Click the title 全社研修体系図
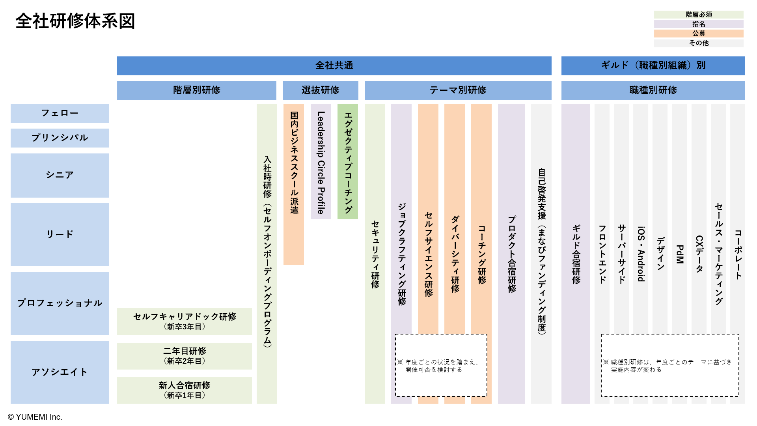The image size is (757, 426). [x=75, y=21]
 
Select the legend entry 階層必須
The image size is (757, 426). [x=698, y=15]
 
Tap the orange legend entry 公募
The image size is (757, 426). [x=698, y=34]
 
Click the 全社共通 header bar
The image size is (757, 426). [x=334, y=65]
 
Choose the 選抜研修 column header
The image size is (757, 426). [x=320, y=90]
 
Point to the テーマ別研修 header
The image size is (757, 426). [x=458, y=90]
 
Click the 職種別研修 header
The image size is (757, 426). [x=653, y=90]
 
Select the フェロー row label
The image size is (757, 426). [x=60, y=113]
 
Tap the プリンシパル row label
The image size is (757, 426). [x=60, y=138]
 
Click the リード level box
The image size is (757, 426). [x=60, y=234]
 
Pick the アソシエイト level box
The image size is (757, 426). [x=60, y=372]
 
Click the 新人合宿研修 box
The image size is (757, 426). [x=184, y=390]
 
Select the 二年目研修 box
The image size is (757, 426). [x=184, y=356]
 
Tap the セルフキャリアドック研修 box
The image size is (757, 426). [x=184, y=321]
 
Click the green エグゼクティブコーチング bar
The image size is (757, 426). [x=348, y=162]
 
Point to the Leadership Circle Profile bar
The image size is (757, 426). [x=321, y=162]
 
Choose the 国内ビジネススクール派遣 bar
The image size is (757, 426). [x=294, y=184]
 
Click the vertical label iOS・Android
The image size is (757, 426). [x=641, y=254]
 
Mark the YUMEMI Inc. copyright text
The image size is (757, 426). [x=35, y=417]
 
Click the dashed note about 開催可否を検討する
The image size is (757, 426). [x=441, y=365]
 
